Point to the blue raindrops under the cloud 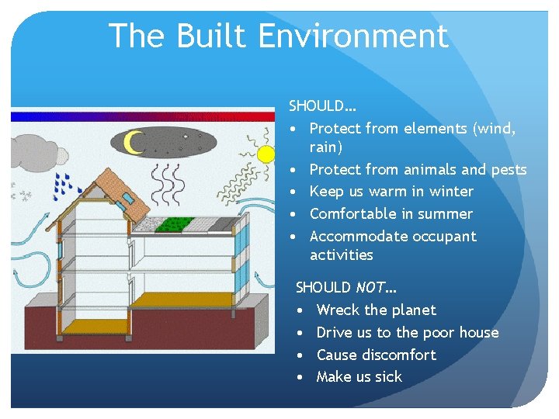point(69,185)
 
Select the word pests point(507,169)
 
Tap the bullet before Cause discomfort point(301,355)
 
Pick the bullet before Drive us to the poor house point(301,332)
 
